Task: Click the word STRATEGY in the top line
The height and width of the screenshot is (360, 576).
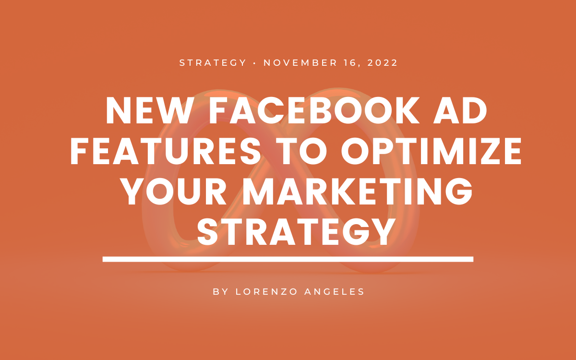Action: pyautogui.click(x=213, y=63)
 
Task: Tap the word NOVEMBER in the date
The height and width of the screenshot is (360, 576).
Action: pyautogui.click(x=300, y=63)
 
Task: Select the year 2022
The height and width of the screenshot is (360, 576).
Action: pyautogui.click(x=383, y=63)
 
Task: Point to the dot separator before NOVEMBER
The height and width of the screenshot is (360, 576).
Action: pyautogui.click(x=254, y=63)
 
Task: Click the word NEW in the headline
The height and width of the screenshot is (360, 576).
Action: pyautogui.click(x=149, y=110)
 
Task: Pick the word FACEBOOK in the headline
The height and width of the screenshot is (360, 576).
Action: pyautogui.click(x=314, y=110)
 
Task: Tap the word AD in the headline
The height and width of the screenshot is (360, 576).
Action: pyautogui.click(x=460, y=110)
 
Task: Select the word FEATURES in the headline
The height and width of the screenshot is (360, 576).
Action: pyautogui.click(x=165, y=151)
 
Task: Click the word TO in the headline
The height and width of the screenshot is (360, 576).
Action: pyautogui.click(x=303, y=151)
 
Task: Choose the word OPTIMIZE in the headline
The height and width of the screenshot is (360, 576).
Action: pyautogui.click(x=431, y=151)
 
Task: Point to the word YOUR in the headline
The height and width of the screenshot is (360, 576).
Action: pyautogui.click(x=174, y=192)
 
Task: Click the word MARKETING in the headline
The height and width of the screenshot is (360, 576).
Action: pyautogui.click(x=358, y=192)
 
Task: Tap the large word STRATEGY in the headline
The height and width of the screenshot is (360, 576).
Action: pyautogui.click(x=296, y=232)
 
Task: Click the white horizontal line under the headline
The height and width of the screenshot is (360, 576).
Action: pyautogui.click(x=288, y=259)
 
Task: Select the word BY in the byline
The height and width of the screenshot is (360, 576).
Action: pyautogui.click(x=221, y=292)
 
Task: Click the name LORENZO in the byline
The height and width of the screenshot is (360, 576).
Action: pyautogui.click(x=266, y=292)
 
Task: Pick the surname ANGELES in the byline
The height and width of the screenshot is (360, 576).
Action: pyautogui.click(x=334, y=292)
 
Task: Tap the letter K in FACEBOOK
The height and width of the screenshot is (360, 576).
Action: pyautogui.click(x=408, y=110)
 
